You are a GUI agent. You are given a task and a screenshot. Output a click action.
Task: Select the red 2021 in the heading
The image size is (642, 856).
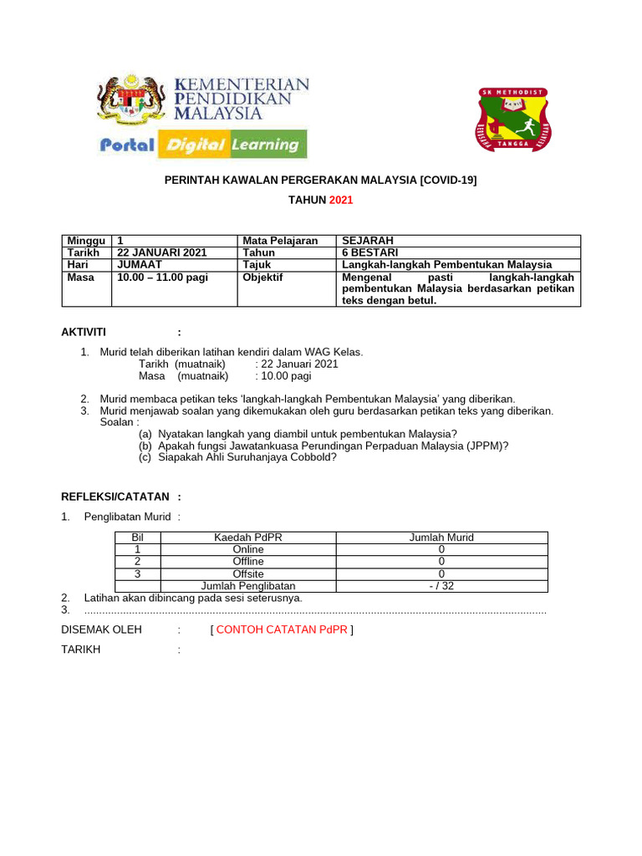pos(342,201)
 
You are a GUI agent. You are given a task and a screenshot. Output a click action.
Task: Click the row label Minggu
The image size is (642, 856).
pos(85,241)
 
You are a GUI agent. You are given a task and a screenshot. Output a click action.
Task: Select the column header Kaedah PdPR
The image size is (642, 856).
pos(247,538)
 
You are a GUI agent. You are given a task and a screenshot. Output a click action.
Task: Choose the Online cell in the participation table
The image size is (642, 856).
pos(247,549)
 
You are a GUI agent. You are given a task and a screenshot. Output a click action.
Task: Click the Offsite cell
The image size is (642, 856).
pos(247,573)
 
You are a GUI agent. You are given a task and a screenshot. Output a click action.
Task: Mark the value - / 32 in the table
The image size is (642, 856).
pos(441,586)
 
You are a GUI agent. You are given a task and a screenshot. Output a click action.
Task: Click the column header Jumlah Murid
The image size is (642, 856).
pos(441,538)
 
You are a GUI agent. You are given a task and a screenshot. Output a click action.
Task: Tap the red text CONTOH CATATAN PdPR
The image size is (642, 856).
pos(282,629)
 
